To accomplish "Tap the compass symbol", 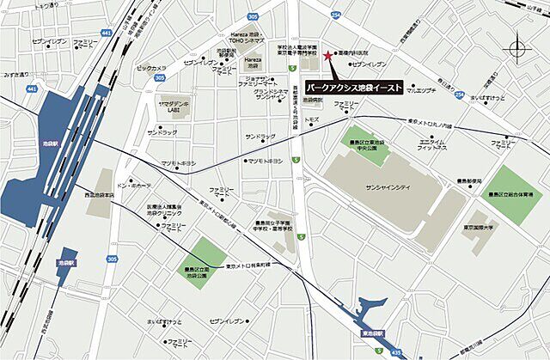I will (x=518, y=49).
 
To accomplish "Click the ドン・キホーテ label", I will (x=134, y=185).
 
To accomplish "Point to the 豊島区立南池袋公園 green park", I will (x=199, y=257).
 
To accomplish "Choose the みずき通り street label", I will (x=17, y=75).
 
